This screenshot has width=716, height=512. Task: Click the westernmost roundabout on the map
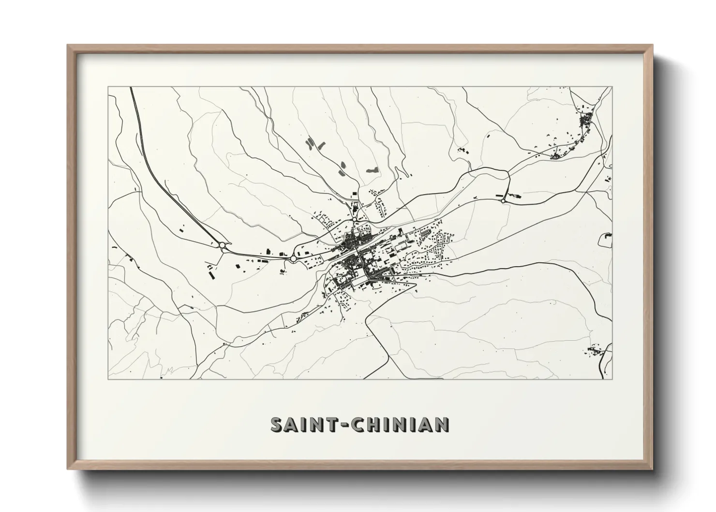click(222, 245)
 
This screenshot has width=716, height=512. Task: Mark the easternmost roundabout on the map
click(504, 200)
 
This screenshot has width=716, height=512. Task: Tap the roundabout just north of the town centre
click(355, 219)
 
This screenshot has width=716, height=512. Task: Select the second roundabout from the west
click(293, 259)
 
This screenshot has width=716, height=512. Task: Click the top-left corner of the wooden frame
click(68, 45)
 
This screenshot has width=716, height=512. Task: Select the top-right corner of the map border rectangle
click(612, 87)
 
